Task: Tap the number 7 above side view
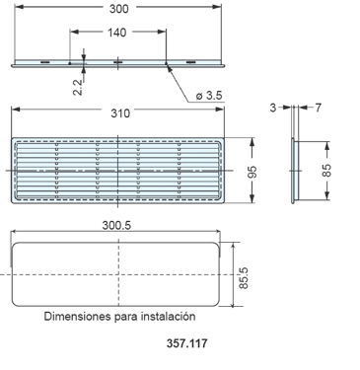tap(318, 107)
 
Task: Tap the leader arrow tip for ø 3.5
tap(169, 67)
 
